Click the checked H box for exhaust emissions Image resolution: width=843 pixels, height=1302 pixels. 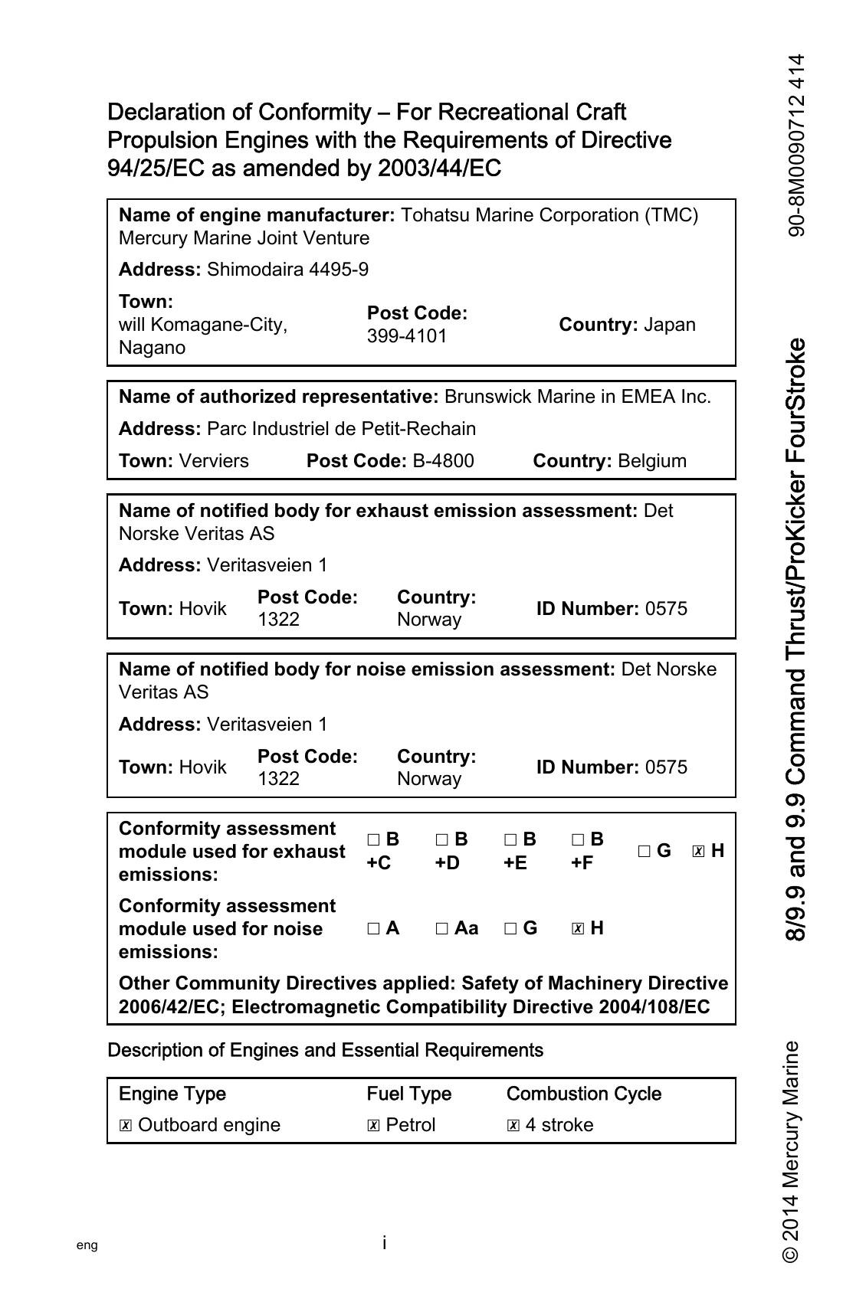(698, 852)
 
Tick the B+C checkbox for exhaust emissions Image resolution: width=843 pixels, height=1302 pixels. (373, 840)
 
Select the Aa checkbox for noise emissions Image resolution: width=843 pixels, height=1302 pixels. (442, 929)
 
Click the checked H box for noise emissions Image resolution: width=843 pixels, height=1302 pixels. (579, 929)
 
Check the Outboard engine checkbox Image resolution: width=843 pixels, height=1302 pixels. (126, 1126)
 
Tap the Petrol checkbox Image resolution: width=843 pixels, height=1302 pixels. (373, 1126)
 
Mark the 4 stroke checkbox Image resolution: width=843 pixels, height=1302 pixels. (513, 1126)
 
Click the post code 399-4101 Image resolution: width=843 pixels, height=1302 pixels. (407, 336)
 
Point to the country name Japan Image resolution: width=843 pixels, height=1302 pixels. (670, 325)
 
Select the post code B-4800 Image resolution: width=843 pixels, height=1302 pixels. (443, 461)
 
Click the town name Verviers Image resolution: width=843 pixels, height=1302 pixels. (214, 461)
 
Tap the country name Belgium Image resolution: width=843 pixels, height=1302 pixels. (651, 461)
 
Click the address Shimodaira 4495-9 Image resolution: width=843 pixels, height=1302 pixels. (287, 270)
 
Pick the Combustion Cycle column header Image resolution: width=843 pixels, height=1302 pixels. (583, 1094)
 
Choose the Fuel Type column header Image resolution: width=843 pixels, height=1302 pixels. (409, 1094)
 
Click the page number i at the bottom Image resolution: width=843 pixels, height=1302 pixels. (384, 1242)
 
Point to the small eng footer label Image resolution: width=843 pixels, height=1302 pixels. (87, 1245)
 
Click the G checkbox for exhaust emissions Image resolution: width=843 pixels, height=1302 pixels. (644, 852)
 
